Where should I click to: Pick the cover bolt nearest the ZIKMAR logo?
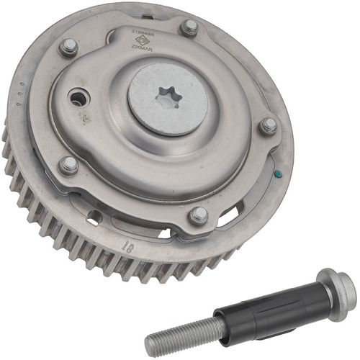(x=189, y=27)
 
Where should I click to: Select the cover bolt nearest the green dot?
(x=268, y=126)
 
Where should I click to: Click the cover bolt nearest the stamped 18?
(x=199, y=215)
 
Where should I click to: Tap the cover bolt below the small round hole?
(x=68, y=165)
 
